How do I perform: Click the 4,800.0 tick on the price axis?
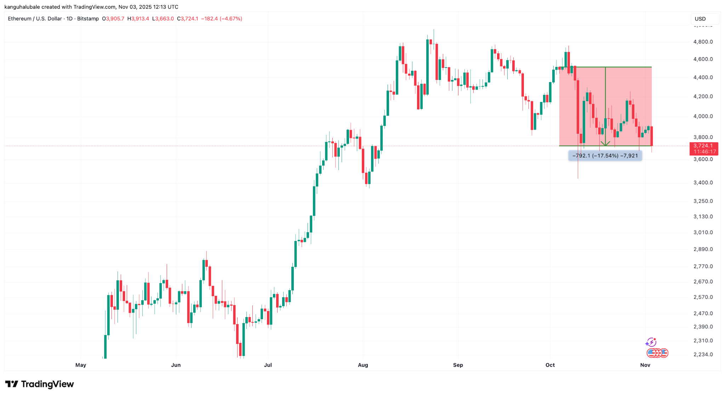tap(703, 42)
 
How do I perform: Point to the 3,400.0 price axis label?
tap(703, 183)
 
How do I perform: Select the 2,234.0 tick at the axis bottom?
tap(703, 355)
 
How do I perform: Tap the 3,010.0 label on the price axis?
tap(703, 232)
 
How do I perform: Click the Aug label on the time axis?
tap(363, 365)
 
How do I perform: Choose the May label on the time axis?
tap(81, 365)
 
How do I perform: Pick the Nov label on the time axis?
tap(645, 365)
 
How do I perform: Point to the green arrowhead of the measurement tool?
tap(605, 144)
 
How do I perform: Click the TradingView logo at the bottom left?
tap(40, 384)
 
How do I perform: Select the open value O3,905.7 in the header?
tap(113, 19)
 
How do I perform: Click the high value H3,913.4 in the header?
tap(138, 19)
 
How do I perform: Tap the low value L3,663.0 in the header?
tap(163, 19)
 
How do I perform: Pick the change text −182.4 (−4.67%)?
tap(222, 19)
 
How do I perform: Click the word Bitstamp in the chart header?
tap(88, 19)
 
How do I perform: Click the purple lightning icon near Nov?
tap(651, 342)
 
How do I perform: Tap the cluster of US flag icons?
tap(657, 353)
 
